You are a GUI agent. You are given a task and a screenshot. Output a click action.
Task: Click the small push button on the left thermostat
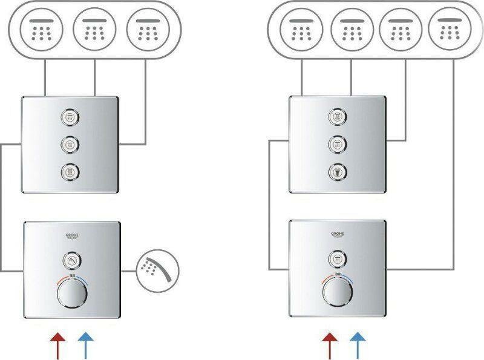click(x=72, y=261)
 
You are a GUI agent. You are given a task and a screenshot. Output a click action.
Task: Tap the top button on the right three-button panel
click(x=336, y=116)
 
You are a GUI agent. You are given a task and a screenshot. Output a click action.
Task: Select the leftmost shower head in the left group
click(x=41, y=28)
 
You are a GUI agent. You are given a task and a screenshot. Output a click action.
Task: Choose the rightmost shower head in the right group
click(x=449, y=28)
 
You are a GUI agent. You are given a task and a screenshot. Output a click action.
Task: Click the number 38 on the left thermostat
click(x=72, y=277)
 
